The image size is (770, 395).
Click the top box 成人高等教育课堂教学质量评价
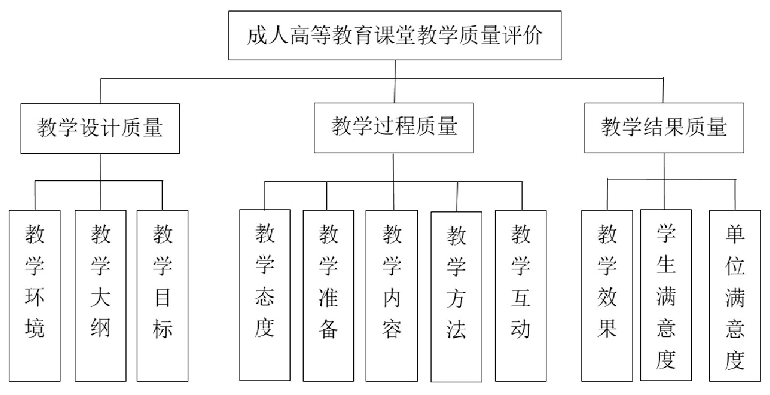395,36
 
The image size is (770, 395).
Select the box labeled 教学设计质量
100,128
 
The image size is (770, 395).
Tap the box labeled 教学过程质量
394,127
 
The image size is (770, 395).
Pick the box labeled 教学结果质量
663,127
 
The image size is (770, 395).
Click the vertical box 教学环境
35,296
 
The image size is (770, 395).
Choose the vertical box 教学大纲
100,296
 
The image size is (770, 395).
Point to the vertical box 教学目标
162,296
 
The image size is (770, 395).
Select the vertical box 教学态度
264,295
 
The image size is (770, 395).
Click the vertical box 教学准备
328,296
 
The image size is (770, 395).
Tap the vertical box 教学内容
392,296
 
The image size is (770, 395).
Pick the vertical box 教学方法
456,297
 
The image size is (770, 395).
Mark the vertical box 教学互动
521,296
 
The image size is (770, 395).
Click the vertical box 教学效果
607,296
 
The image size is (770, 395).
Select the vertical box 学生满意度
666,295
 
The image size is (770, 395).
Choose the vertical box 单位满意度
735,296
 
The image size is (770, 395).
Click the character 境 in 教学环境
35,328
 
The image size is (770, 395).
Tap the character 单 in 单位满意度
735,235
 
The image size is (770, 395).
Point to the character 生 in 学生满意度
666,265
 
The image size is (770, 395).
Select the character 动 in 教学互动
521,329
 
